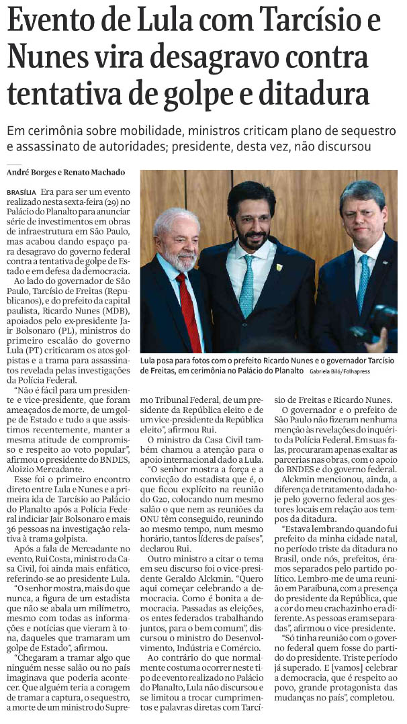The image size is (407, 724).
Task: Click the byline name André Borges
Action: pyautogui.click(x=30, y=173)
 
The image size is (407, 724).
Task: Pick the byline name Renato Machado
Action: pyautogui.click(x=93, y=173)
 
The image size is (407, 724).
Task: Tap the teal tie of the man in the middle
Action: pyautogui.click(x=247, y=286)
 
